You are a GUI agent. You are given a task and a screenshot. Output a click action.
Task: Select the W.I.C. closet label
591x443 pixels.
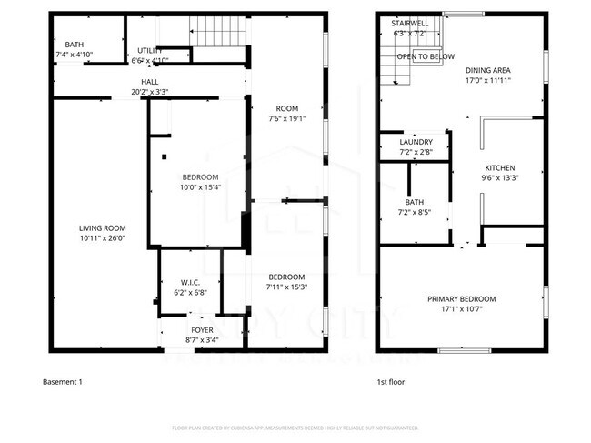190,281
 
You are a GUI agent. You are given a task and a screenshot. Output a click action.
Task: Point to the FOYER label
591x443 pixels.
202,329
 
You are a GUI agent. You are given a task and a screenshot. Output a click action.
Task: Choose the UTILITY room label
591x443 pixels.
150,50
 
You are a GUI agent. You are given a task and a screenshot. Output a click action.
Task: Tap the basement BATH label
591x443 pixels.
75,44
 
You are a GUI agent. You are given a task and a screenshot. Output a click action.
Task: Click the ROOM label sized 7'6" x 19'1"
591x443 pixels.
285,108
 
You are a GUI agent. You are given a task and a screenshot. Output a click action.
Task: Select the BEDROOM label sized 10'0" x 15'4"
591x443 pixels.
199,176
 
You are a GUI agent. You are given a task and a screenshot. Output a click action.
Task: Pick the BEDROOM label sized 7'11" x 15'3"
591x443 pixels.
285,277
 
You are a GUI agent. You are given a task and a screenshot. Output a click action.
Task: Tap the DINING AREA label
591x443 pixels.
487,70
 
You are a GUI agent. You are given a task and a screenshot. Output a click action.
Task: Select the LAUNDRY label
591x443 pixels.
416,142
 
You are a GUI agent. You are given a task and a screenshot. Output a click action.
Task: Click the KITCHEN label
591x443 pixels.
499,168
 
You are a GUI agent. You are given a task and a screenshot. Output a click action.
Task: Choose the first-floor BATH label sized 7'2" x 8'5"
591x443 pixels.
415,203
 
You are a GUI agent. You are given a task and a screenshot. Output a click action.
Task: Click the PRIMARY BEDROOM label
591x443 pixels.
462,298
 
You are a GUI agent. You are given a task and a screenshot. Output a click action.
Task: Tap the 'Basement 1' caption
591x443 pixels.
63,383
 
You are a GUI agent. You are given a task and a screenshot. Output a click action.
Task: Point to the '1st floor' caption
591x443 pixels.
391,383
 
